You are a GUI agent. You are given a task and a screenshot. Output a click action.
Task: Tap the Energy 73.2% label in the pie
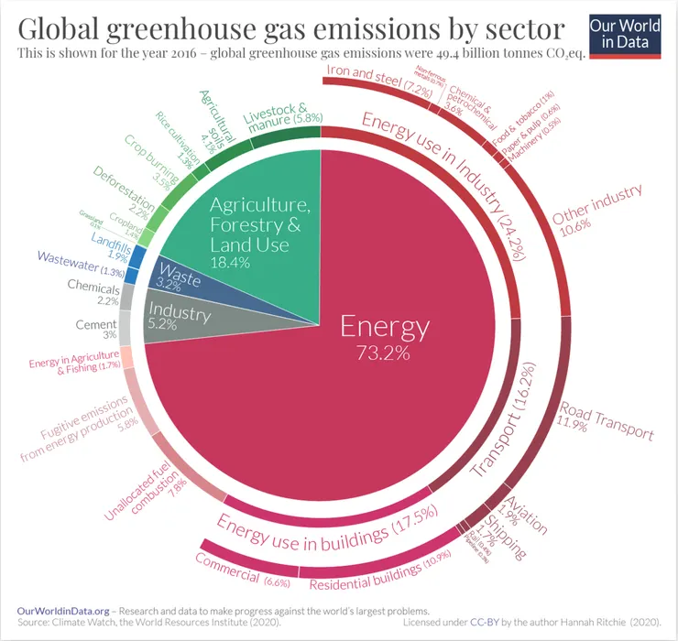(x=385, y=336)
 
